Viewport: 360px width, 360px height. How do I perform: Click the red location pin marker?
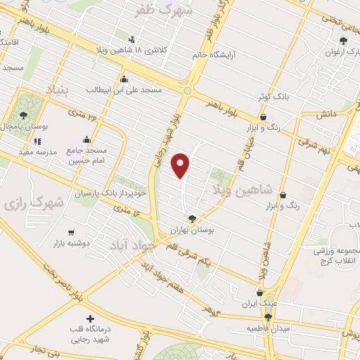pos(181,165)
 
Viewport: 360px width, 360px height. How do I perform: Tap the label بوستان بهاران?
pos(191,230)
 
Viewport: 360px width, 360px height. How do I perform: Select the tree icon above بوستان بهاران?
pos(192,219)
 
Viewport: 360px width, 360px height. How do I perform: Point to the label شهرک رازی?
pos(32,203)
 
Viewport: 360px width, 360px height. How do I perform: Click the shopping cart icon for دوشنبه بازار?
pos(71,232)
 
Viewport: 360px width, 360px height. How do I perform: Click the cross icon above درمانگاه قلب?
pos(89,319)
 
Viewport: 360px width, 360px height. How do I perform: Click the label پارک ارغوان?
pos(340,52)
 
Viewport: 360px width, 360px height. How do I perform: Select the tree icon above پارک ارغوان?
pos(344,41)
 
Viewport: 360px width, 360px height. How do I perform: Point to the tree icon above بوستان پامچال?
pos(24,114)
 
